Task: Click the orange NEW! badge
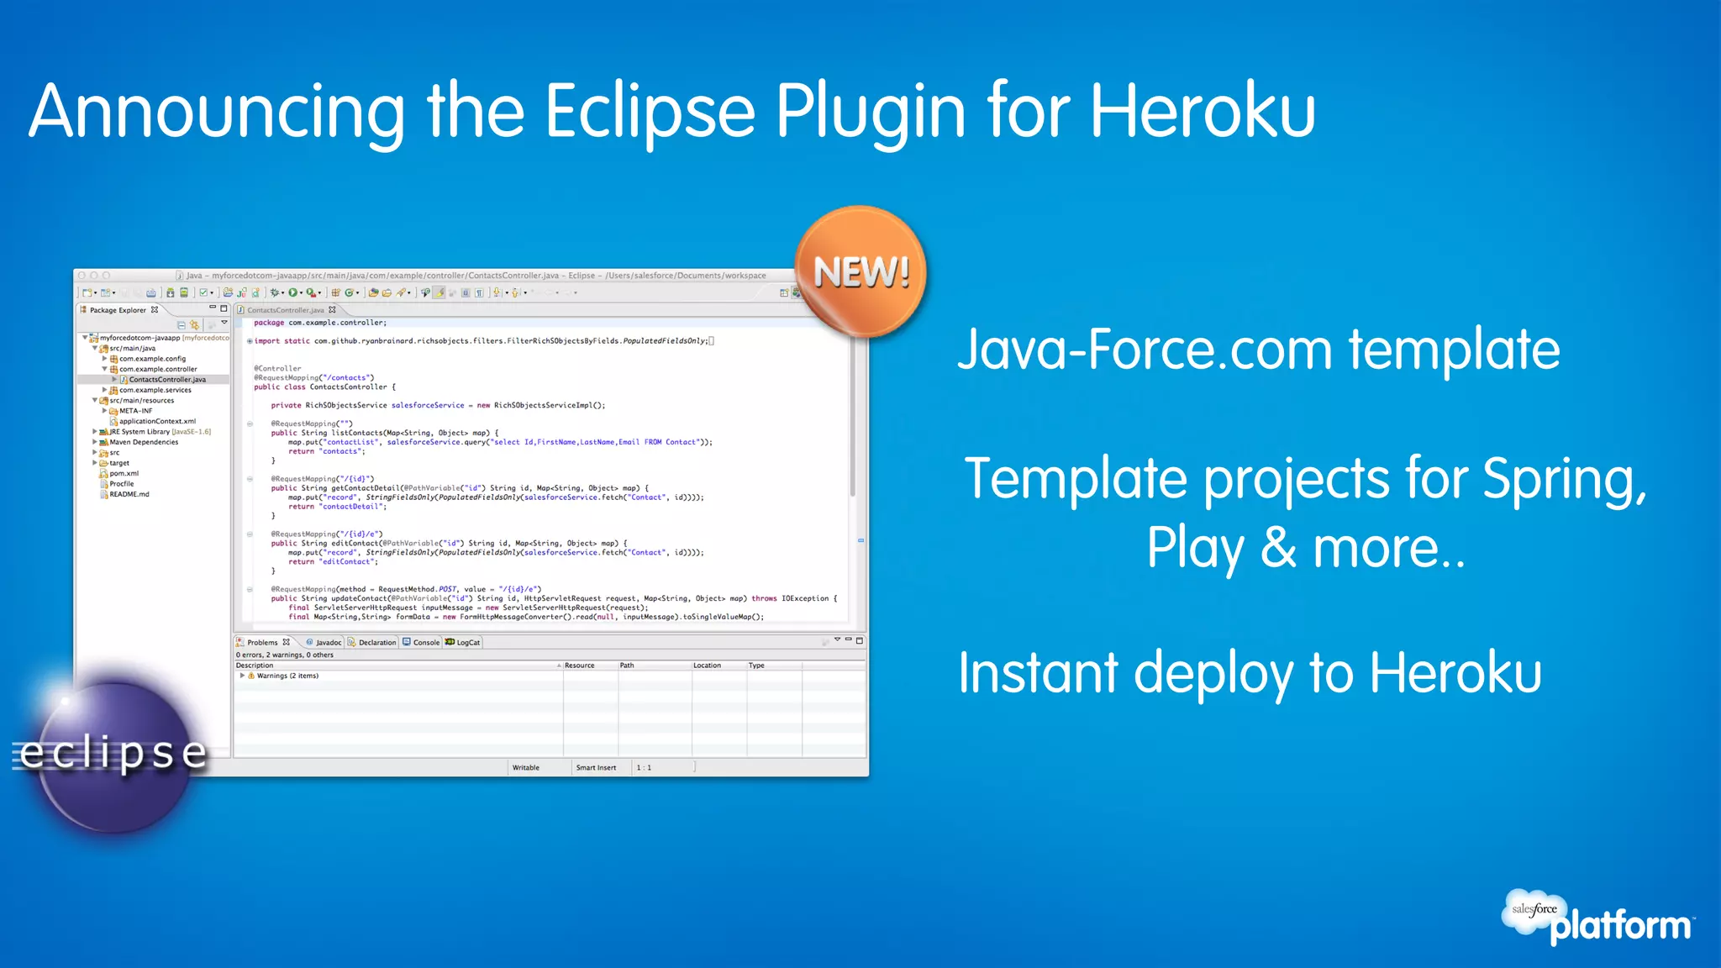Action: (860, 272)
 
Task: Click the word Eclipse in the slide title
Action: (650, 112)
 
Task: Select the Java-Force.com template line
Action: (1258, 350)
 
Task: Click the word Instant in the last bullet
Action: (1037, 673)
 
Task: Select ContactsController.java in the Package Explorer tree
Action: (167, 380)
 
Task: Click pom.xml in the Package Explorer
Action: (124, 474)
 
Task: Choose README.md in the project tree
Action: (129, 494)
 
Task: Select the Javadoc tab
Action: (328, 643)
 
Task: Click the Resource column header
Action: (579, 665)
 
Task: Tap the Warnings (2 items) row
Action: (287, 676)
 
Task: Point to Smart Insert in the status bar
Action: (596, 767)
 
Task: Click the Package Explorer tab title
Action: (118, 310)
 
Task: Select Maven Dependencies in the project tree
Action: (144, 442)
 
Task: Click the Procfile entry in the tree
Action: (122, 484)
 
